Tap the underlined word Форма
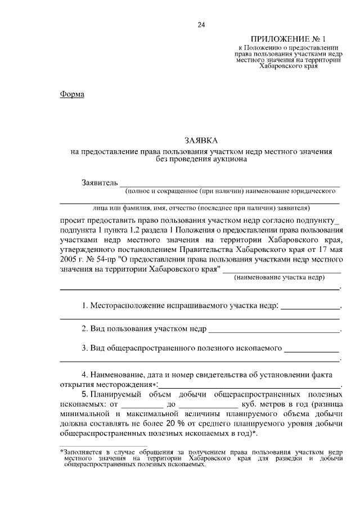pos(72,94)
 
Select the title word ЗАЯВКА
pos(201,141)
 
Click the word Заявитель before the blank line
pos(100,183)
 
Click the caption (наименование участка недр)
pos(282,278)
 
